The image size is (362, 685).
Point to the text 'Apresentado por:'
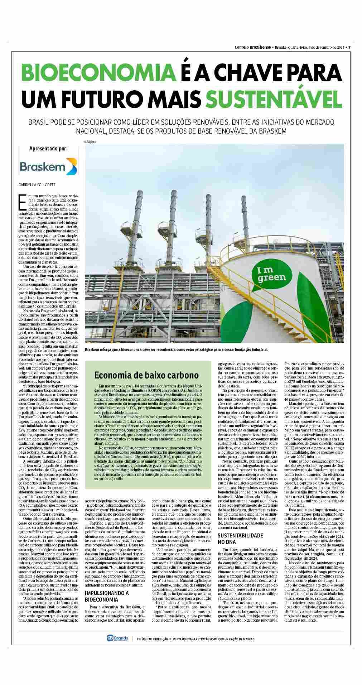(48, 149)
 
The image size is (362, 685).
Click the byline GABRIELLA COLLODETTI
(37, 185)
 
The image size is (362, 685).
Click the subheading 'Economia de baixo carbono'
(146, 375)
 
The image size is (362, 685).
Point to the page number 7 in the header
(349, 47)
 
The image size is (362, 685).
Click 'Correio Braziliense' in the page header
(252, 47)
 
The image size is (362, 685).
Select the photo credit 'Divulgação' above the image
(90, 142)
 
